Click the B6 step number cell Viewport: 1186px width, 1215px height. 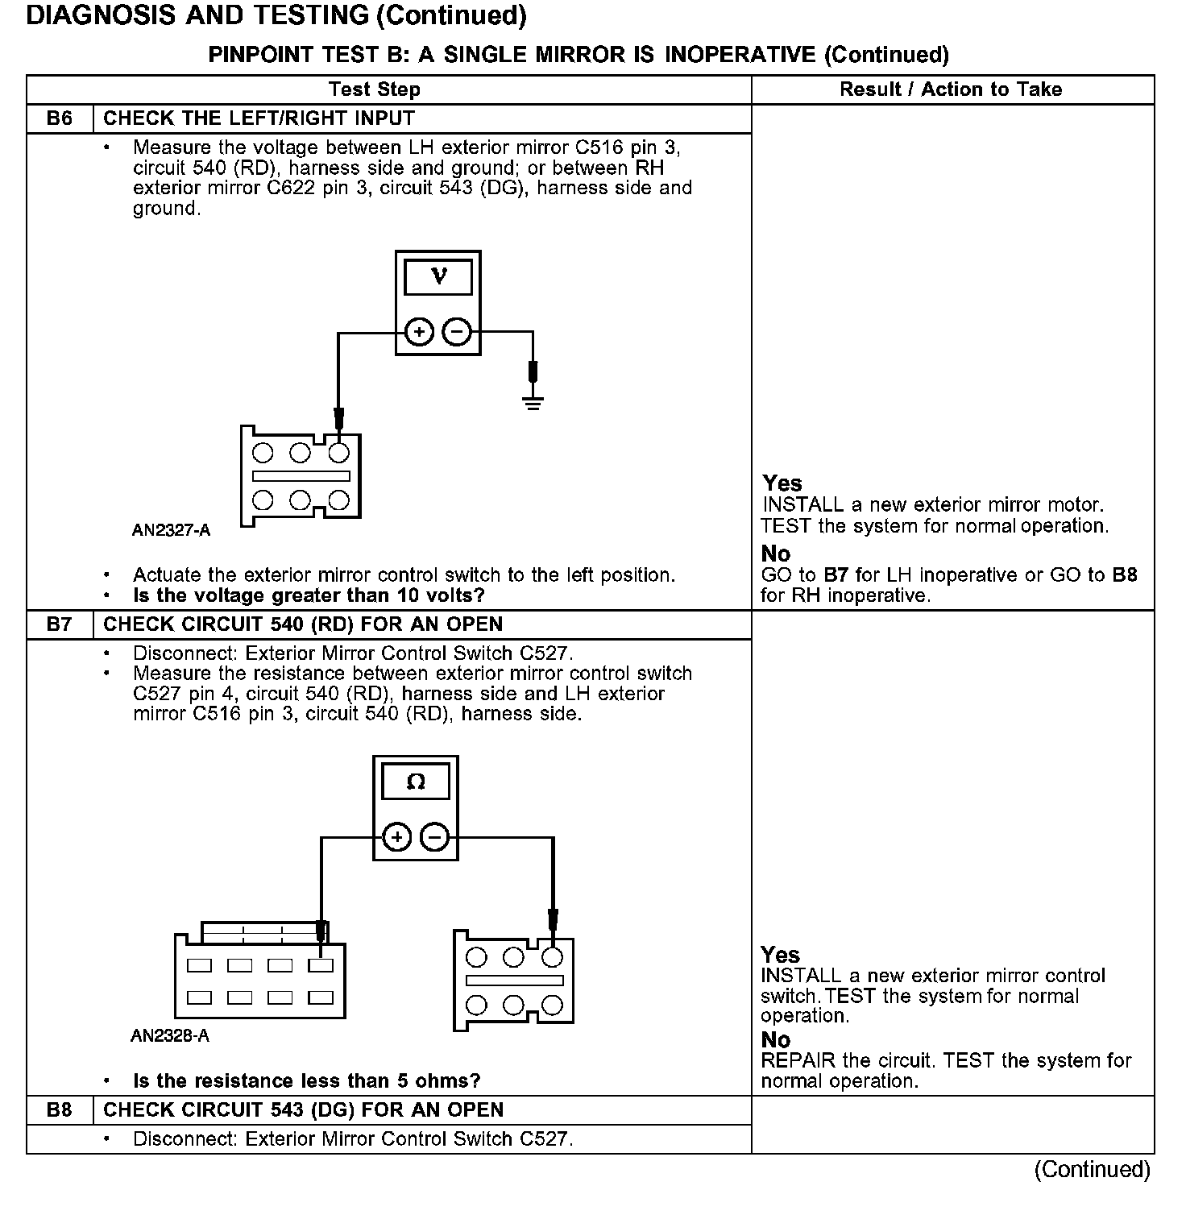(x=60, y=118)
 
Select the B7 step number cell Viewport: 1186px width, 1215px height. (x=60, y=624)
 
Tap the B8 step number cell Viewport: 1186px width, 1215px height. (x=60, y=1110)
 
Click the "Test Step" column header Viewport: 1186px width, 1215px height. (x=375, y=89)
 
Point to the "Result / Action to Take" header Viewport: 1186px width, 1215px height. (x=951, y=89)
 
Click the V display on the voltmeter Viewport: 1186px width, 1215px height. (x=438, y=277)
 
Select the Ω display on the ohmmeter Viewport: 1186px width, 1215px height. (x=416, y=782)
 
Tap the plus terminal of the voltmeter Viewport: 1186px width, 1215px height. (x=419, y=332)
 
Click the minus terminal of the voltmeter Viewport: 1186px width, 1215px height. (x=457, y=332)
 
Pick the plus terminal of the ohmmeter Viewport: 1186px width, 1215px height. (x=396, y=838)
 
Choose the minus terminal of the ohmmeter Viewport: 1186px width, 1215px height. (x=434, y=838)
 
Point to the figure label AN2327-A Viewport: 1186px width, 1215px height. (x=171, y=530)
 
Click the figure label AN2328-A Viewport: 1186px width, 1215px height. (x=170, y=1036)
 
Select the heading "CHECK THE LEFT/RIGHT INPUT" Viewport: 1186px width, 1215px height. (x=259, y=118)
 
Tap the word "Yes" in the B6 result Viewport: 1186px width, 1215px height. (x=782, y=483)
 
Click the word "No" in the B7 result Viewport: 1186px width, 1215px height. (x=776, y=1040)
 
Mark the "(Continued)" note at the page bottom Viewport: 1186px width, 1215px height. (x=1093, y=1169)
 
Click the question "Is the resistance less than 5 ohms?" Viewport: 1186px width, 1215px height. (x=306, y=1080)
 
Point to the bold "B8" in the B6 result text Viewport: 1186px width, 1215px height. (x=1125, y=575)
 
